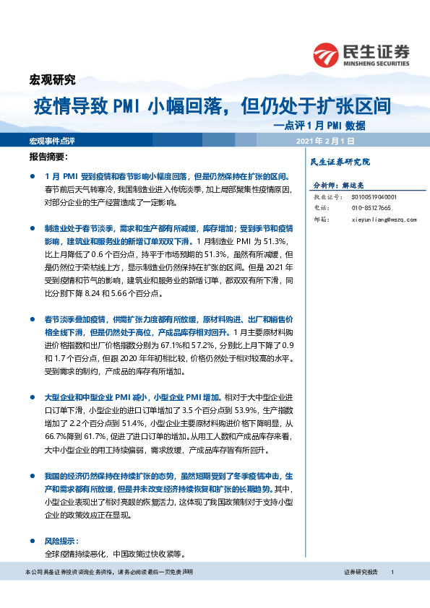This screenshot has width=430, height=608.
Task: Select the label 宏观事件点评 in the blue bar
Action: click(53, 139)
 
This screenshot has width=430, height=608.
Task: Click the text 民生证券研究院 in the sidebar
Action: click(339, 162)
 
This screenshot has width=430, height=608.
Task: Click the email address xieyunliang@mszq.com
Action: click(382, 218)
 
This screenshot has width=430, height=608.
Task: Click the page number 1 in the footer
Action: click(392, 572)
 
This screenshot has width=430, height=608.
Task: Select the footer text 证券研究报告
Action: click(361, 572)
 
